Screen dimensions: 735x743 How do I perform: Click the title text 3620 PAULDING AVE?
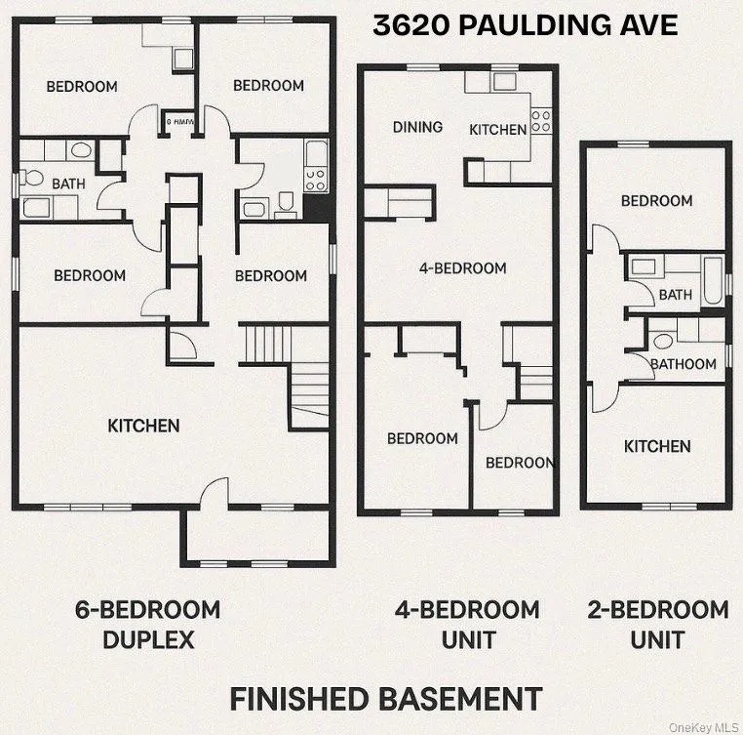pyautogui.click(x=525, y=25)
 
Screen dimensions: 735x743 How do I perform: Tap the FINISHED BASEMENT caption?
pyautogui.click(x=385, y=699)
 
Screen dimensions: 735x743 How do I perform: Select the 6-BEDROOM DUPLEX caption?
pyautogui.click(x=147, y=625)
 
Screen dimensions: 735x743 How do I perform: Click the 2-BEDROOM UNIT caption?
pyautogui.click(x=657, y=625)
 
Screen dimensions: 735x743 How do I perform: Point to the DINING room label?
pyautogui.click(x=417, y=127)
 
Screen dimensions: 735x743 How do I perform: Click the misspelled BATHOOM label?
pyautogui.click(x=683, y=364)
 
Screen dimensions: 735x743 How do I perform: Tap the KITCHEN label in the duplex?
pyautogui.click(x=143, y=426)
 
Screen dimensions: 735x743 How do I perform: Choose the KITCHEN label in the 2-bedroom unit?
pyautogui.click(x=657, y=446)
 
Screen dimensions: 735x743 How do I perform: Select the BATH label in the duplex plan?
pyautogui.click(x=68, y=183)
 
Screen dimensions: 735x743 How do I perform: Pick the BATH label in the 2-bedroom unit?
pyautogui.click(x=675, y=294)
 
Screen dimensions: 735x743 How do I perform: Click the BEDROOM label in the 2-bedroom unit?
pyautogui.click(x=657, y=201)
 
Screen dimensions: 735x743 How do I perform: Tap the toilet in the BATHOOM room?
pyautogui.click(x=664, y=342)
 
